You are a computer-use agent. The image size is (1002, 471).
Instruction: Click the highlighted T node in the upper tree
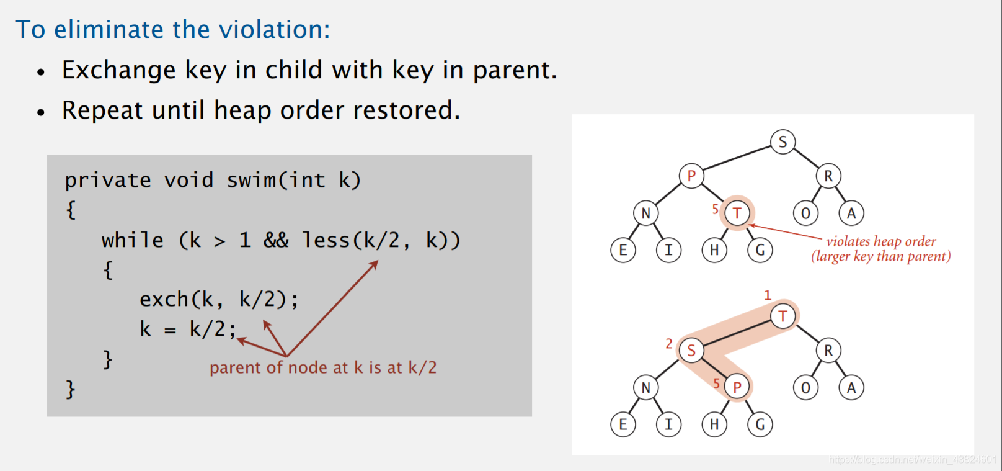coord(737,213)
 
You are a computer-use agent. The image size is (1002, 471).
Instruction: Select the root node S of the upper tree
coord(783,142)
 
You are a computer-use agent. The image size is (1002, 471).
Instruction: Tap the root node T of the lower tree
coord(783,316)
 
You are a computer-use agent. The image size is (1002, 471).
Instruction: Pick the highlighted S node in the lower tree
coord(691,351)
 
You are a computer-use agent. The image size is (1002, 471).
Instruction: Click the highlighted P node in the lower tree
coord(737,388)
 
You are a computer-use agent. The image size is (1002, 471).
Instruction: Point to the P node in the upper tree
coord(691,176)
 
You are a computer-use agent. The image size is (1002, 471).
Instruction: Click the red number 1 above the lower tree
coord(768,295)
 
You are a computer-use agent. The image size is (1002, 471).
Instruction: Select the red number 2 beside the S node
coord(669,344)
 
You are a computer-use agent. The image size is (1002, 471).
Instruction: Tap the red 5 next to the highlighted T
coord(716,209)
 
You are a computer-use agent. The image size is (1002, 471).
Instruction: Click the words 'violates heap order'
coord(881,241)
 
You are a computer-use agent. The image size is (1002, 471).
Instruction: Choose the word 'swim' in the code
coord(251,180)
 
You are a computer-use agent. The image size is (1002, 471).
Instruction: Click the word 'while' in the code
coord(133,240)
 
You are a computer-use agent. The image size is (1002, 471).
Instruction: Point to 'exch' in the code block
coord(164,300)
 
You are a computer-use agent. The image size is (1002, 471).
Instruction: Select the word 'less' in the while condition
coord(326,240)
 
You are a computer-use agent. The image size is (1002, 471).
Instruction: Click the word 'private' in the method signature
coord(108,180)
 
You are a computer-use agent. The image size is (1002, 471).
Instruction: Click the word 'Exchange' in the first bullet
coord(119,70)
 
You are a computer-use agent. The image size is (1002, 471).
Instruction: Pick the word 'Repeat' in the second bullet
coord(102,110)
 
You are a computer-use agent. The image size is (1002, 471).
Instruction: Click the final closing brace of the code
coord(71,389)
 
